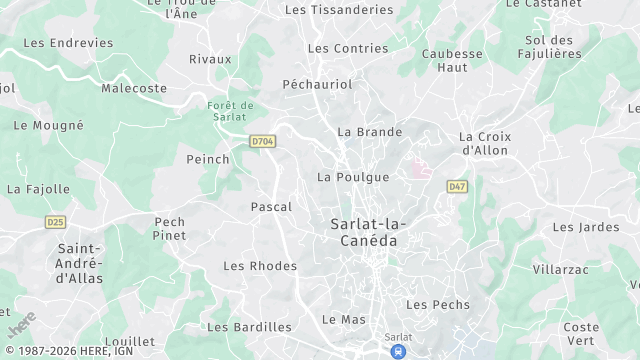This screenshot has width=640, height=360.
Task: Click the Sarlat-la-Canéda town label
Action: (x=363, y=233)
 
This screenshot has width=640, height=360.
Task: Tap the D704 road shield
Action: (x=263, y=142)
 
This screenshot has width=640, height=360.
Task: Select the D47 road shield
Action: (x=457, y=186)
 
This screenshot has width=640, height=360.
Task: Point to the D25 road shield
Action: (x=55, y=221)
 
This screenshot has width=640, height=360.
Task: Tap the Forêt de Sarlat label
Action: (x=231, y=111)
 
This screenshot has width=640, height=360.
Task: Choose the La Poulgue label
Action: (x=352, y=177)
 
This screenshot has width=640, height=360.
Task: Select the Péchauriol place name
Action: (x=318, y=85)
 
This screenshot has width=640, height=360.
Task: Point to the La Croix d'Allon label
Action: (x=483, y=143)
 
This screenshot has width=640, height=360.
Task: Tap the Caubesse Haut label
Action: (x=452, y=61)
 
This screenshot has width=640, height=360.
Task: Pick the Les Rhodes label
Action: (x=260, y=266)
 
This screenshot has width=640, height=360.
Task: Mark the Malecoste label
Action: (x=132, y=89)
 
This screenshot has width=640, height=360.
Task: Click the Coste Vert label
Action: (x=581, y=334)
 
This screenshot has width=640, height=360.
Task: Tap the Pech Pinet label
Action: (x=169, y=229)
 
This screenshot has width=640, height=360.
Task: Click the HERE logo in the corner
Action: (x=22, y=326)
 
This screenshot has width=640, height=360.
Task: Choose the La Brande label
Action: (x=369, y=132)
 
